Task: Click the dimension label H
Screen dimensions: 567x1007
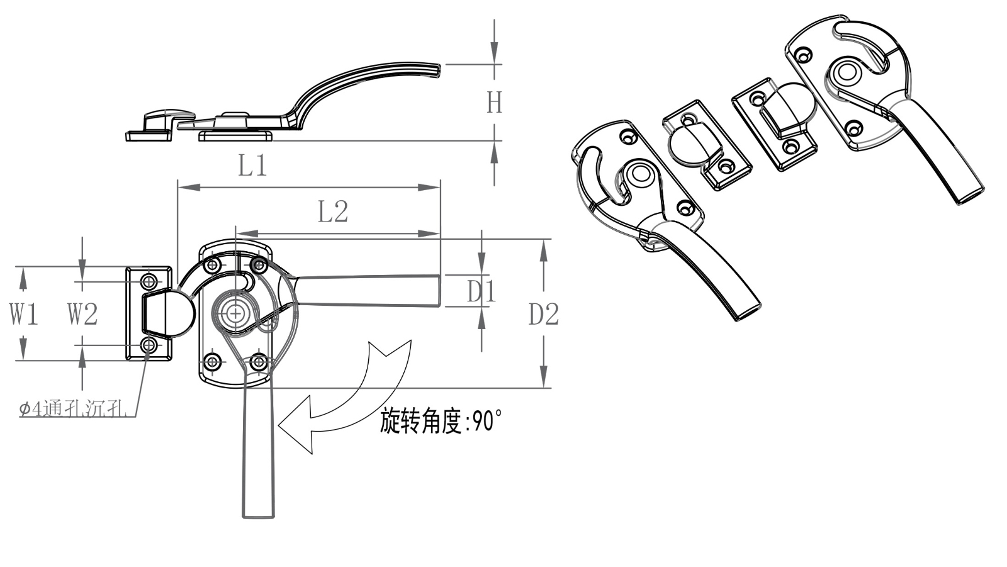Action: point(494,102)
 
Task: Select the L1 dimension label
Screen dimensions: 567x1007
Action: point(252,166)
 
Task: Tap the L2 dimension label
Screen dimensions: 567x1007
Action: point(332,212)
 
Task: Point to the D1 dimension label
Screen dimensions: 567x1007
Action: point(481,291)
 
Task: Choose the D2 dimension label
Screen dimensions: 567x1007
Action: point(543,314)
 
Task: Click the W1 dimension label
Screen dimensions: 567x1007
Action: point(24,313)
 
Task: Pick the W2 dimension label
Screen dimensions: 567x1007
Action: point(82,313)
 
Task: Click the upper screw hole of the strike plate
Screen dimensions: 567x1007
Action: point(149,281)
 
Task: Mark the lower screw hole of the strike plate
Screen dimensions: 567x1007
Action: point(149,345)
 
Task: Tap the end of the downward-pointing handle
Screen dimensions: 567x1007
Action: point(258,513)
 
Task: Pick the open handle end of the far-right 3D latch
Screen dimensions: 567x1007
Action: point(969,194)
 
